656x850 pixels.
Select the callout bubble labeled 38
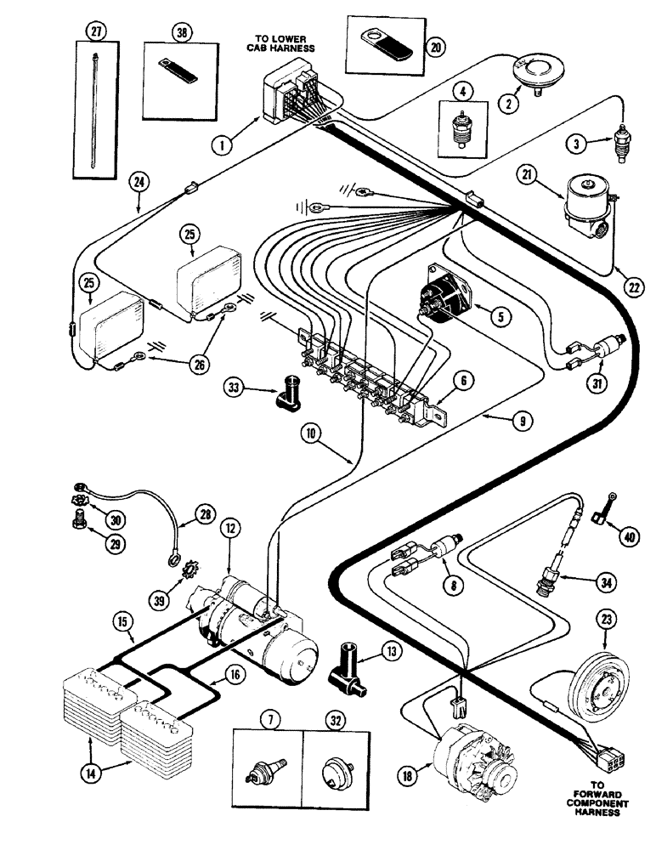pos(180,32)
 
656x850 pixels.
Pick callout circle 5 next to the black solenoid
pos(502,316)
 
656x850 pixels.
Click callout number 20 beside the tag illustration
pos(436,48)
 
